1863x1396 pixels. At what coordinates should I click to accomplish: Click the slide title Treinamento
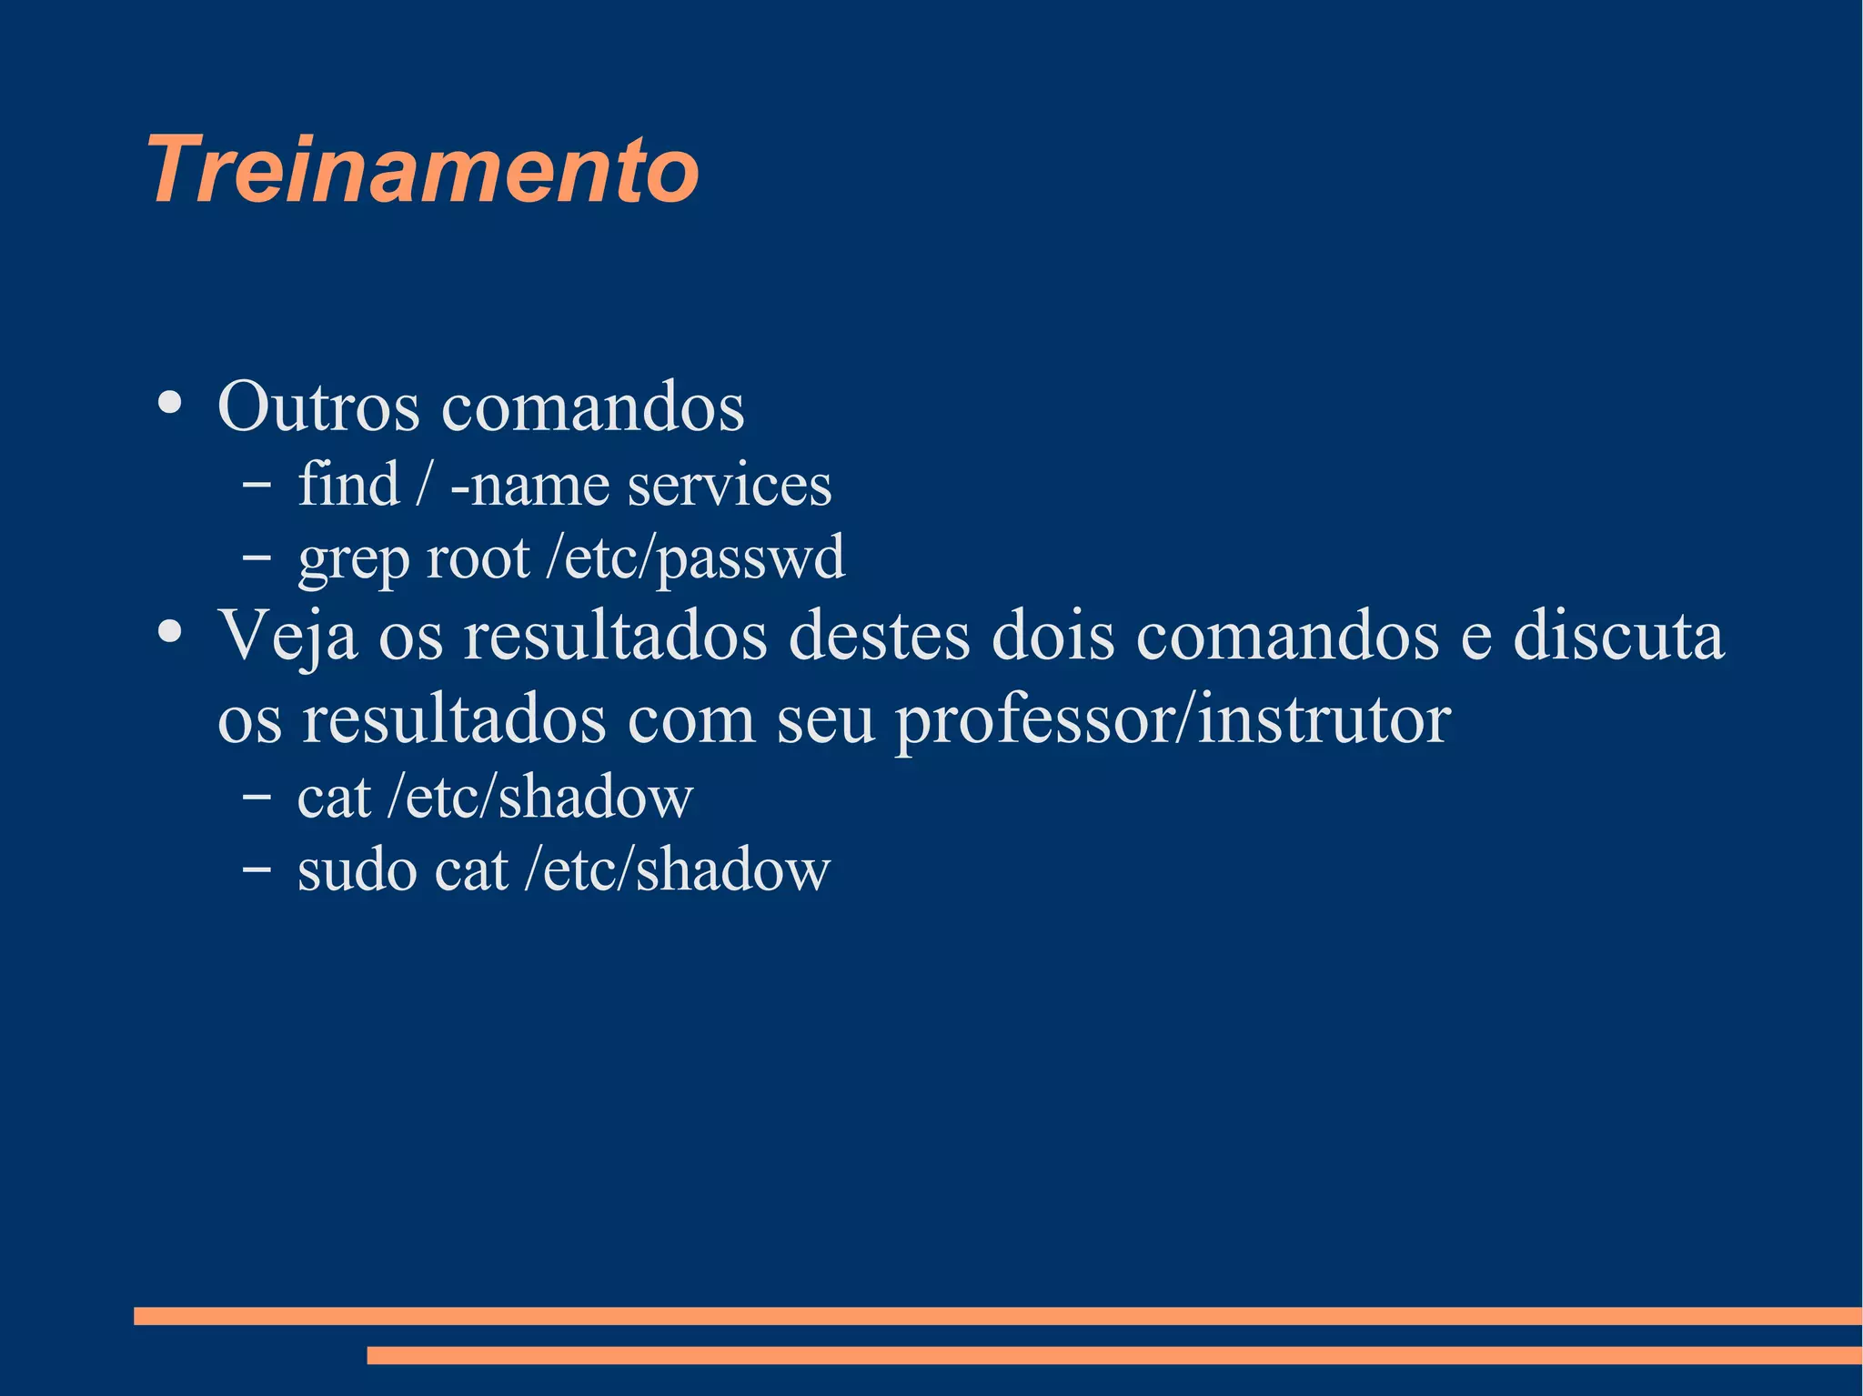[423, 170]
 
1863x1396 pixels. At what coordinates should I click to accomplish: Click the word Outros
[318, 407]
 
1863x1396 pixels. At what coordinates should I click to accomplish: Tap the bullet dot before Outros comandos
[170, 402]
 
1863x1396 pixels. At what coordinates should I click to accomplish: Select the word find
[348, 484]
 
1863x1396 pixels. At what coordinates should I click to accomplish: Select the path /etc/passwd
[695, 558]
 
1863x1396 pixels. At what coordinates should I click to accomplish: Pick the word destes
[879, 636]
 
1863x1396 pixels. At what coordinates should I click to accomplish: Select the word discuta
[1618, 636]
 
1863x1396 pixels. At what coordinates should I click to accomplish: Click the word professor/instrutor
[1173, 720]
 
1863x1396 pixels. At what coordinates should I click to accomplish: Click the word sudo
[356, 870]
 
